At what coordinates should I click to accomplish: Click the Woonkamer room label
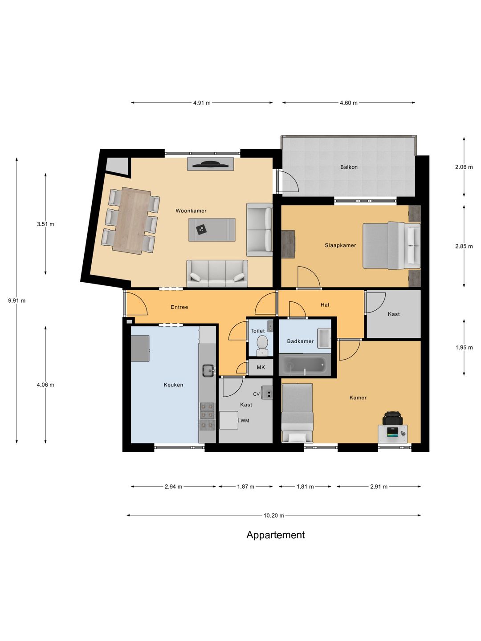191,211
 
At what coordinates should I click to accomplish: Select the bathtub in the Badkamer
305,365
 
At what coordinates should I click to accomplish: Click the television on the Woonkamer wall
210,164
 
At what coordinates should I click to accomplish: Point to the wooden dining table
132,221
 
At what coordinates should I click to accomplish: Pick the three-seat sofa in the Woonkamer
217,274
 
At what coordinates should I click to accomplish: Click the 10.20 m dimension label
273,515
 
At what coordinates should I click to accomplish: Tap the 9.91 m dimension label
16,300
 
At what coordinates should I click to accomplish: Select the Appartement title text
275,535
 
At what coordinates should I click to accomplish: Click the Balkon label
349,167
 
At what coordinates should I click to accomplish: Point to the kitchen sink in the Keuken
208,370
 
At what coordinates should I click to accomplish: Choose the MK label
261,367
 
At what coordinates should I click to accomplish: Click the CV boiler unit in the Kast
267,392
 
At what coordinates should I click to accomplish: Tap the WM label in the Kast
245,421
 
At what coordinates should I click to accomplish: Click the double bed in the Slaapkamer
391,245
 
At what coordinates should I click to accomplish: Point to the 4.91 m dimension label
202,103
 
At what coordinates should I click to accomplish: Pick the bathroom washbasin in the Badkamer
325,338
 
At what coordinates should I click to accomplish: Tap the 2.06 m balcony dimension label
464,167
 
